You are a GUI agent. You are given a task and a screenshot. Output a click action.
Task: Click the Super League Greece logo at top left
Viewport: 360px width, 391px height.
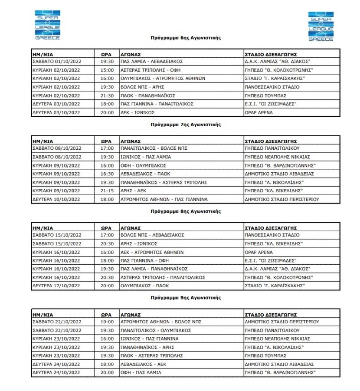coord(48,24)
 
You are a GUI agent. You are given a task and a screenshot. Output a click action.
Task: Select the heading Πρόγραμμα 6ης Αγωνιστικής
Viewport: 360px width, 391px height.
coord(186,38)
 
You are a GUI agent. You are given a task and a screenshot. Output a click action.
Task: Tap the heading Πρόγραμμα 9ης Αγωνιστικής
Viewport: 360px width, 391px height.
coord(186,298)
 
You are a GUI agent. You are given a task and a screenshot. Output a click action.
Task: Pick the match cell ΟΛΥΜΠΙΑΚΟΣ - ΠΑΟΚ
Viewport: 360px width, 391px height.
coord(145,286)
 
